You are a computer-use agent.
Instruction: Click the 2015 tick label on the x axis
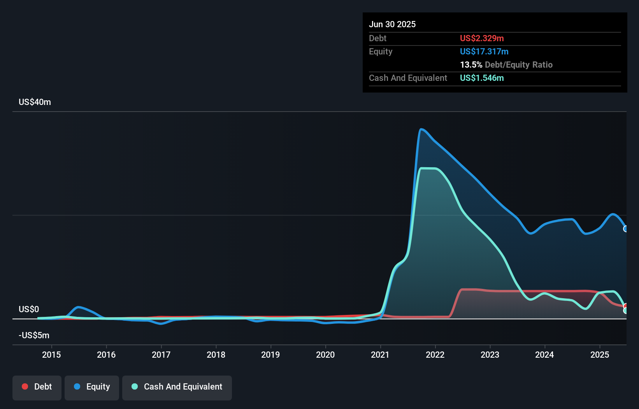(x=51, y=355)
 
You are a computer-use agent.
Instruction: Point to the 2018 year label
(x=216, y=355)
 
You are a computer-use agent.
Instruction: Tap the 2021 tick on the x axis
(x=380, y=355)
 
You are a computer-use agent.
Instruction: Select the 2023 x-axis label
(x=490, y=355)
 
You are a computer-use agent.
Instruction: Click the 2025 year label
(x=600, y=355)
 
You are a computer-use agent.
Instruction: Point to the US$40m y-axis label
(x=35, y=102)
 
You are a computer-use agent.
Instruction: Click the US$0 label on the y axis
(x=29, y=309)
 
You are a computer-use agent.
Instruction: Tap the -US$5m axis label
(x=34, y=335)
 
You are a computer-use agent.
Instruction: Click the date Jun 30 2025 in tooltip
(x=392, y=24)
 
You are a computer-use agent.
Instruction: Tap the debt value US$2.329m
(x=482, y=38)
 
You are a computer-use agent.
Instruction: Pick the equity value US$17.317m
(x=484, y=51)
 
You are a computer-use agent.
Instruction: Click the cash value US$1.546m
(x=482, y=78)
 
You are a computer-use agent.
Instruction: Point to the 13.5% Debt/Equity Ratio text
(x=506, y=65)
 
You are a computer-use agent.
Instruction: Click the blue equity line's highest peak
(x=421, y=129)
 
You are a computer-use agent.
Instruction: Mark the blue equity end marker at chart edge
(x=625, y=229)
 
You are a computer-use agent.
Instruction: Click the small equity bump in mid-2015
(x=79, y=307)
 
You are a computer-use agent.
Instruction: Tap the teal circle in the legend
(x=135, y=386)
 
